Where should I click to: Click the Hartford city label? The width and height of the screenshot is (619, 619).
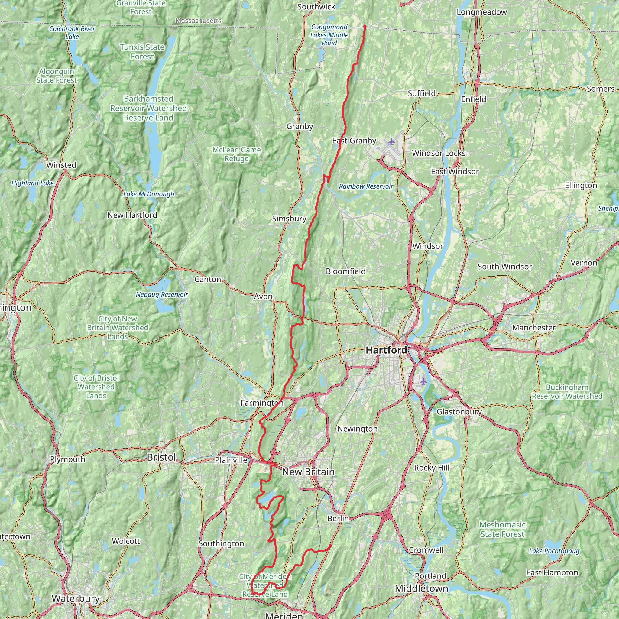[386, 350]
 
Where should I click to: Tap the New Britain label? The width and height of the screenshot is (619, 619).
[308, 472]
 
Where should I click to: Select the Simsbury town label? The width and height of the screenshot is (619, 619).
[289, 219]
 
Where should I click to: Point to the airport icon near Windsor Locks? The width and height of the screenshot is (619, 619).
[391, 142]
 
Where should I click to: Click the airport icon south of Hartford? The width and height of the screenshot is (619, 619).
[423, 381]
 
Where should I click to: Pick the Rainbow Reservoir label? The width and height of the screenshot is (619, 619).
[366, 186]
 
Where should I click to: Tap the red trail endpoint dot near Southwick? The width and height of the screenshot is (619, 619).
[365, 26]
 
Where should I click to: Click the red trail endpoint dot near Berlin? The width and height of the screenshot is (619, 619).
[330, 546]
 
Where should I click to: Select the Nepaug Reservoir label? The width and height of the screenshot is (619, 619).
[162, 294]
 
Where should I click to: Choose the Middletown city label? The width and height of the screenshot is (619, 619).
[421, 588]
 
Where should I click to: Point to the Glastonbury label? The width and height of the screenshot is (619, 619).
[459, 412]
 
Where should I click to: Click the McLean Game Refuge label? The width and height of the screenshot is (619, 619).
[236, 154]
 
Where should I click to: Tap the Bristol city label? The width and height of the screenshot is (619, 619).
[162, 457]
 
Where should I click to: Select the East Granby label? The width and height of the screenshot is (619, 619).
[354, 141]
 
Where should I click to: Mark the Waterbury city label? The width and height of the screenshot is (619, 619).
[76, 598]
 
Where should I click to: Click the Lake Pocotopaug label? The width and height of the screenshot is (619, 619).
[554, 551]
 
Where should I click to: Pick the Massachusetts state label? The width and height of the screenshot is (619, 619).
[198, 21]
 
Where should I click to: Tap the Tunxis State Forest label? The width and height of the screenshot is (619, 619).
[142, 52]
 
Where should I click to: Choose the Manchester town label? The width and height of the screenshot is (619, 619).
[534, 328]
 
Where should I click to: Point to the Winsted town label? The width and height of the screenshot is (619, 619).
[61, 165]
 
